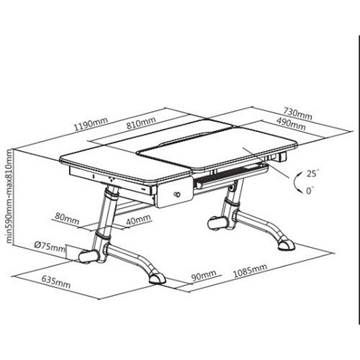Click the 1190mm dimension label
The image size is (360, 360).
pyautogui.click(x=91, y=124)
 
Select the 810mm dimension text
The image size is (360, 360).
pyautogui.click(x=141, y=122)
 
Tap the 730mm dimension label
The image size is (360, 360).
pyautogui.click(x=298, y=113)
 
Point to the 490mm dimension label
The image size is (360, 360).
pyautogui.click(x=291, y=124)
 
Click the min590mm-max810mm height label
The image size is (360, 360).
pyautogui.click(x=9, y=196)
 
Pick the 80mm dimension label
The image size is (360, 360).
pyautogui.click(x=67, y=218)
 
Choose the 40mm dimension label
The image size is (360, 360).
pyautogui.click(x=139, y=220)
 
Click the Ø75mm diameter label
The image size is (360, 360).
pyautogui.click(x=50, y=247)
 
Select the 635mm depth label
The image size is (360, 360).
pyautogui.click(x=56, y=282)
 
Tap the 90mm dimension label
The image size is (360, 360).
pyautogui.click(x=203, y=275)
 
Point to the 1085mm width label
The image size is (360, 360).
pyautogui.click(x=250, y=271)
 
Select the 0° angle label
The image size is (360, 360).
pyautogui.click(x=310, y=190)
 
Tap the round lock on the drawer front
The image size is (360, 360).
pyautogui.click(x=177, y=194)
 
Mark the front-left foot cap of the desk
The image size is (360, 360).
pyautogui.click(x=157, y=278)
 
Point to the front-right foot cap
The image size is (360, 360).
pyautogui.click(x=286, y=245)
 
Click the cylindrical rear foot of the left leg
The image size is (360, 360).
pyautogui.click(x=89, y=257)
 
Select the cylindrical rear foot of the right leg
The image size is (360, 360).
pyautogui.click(x=218, y=223)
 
